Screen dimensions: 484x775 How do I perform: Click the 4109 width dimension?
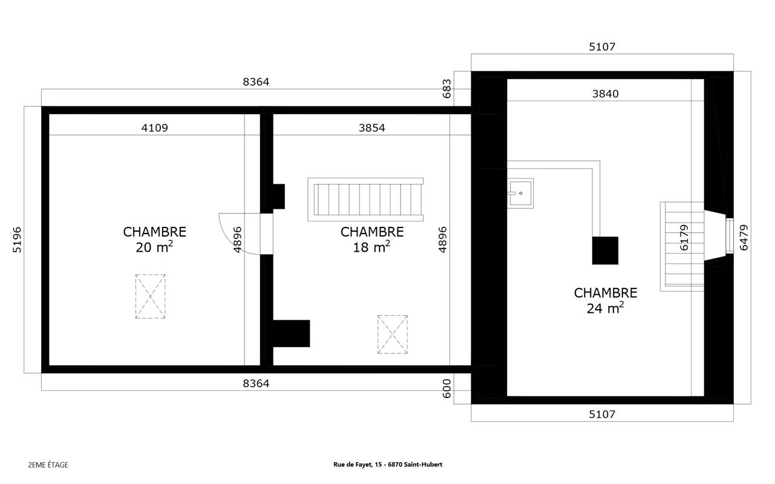coord(154,128)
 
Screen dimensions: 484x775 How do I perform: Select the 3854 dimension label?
coord(371,128)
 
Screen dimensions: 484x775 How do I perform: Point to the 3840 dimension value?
coord(605,94)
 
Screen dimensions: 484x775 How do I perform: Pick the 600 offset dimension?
coord(446,387)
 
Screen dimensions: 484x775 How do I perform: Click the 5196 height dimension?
coord(17,240)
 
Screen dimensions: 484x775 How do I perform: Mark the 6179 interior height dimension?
coord(684,238)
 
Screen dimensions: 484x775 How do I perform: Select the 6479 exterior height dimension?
coord(744,238)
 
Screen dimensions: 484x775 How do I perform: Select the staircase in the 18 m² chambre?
coord(365,199)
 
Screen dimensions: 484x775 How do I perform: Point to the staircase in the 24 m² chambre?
coord(682,246)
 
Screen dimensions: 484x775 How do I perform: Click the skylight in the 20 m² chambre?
coord(150,296)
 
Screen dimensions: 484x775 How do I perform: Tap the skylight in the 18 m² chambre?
coord(393,334)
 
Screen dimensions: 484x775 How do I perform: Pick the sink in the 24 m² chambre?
coord(520,193)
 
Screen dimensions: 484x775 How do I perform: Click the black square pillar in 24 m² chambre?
coord(605,250)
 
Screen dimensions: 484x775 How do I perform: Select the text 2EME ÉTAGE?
coord(48,465)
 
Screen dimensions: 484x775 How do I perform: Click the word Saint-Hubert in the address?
coord(426,465)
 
